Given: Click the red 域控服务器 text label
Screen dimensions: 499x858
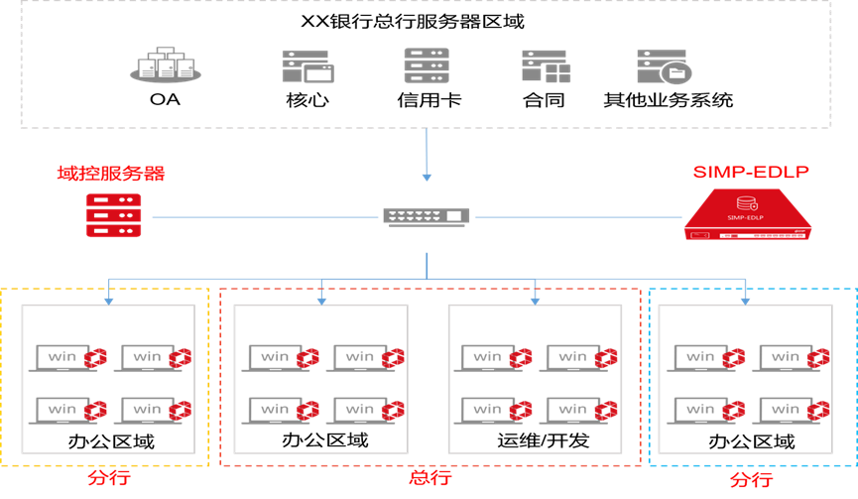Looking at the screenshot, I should [x=111, y=175].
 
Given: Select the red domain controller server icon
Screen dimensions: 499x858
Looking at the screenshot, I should [x=113, y=215].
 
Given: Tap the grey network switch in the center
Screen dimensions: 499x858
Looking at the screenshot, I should [x=427, y=215].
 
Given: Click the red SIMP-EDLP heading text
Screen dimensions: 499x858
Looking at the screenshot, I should [x=751, y=172].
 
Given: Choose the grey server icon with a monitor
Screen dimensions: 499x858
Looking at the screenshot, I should [x=306, y=65].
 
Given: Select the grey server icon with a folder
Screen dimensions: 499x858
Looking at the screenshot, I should [x=663, y=66].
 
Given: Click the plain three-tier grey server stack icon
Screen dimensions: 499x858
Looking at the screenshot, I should [x=427, y=65].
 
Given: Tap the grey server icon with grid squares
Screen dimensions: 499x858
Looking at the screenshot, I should [x=546, y=65].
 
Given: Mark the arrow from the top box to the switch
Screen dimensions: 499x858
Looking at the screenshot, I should [x=427, y=154].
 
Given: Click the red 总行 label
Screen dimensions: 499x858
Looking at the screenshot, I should [x=429, y=478].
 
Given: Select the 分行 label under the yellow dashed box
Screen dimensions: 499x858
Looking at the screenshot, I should [x=108, y=478].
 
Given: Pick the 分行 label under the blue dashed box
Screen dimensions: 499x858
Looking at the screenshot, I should [x=751, y=480].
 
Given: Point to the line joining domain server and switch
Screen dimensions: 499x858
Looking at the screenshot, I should [x=263, y=216].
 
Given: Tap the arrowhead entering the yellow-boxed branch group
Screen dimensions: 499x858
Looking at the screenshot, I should [x=109, y=298].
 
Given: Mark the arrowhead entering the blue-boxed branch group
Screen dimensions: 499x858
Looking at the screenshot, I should [x=745, y=298].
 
